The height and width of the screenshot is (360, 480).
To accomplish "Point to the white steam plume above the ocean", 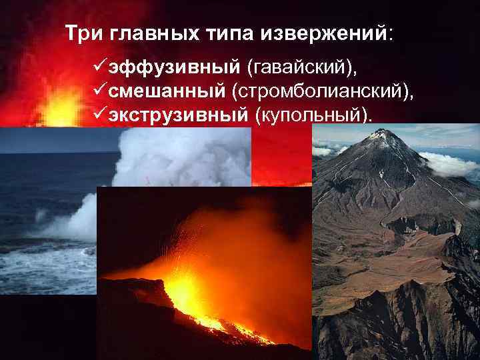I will [180, 157].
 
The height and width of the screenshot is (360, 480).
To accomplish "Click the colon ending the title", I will [391, 33].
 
